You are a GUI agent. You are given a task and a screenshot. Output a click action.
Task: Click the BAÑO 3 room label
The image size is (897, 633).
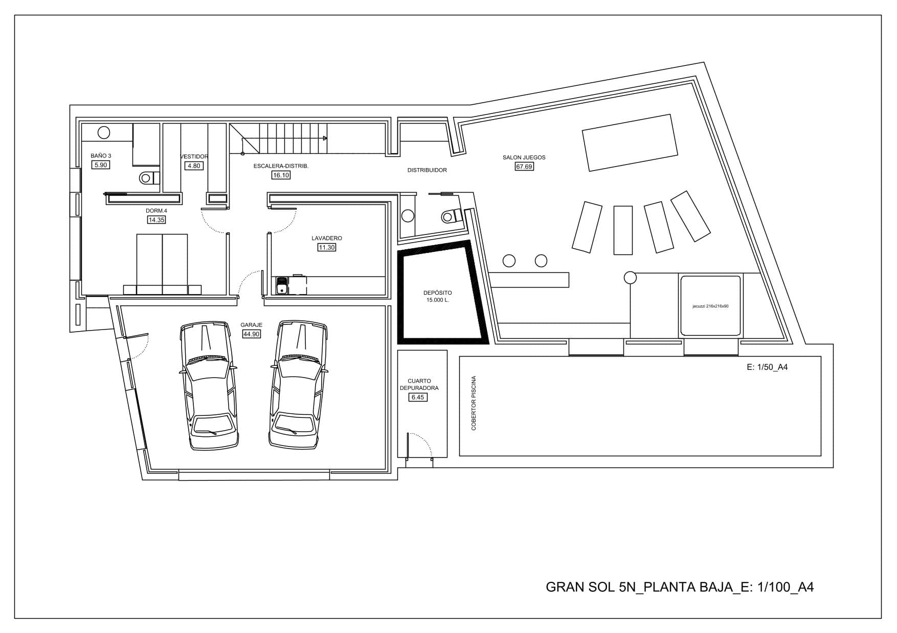101,156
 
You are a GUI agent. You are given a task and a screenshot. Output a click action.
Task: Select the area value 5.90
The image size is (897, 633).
101,165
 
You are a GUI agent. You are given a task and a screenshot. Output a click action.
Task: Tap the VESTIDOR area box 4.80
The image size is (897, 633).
194,166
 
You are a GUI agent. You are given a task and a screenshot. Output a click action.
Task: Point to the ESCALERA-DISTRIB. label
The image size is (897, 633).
281,166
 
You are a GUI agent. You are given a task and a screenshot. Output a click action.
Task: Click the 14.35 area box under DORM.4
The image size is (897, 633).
156,220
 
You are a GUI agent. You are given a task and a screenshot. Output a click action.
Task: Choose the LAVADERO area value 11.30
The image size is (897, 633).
327,248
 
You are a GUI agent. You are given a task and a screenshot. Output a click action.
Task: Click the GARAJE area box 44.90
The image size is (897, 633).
251,334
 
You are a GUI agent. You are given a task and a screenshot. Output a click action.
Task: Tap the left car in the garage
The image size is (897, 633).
209,386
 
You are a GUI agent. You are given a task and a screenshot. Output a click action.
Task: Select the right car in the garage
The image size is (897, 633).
299,385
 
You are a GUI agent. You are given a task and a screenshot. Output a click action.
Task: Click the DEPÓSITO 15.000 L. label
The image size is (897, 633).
438,296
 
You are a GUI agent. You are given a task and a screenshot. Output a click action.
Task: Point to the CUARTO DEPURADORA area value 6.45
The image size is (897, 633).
418,397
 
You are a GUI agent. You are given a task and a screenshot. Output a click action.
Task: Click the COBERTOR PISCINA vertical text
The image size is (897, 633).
474,403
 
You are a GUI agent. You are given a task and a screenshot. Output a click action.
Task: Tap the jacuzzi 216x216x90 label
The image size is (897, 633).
710,306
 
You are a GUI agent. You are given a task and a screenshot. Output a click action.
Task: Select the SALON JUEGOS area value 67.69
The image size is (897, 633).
524,167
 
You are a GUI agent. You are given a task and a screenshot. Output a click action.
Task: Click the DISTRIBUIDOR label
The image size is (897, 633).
427,170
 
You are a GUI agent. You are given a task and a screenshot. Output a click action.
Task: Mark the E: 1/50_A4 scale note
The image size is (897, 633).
767,367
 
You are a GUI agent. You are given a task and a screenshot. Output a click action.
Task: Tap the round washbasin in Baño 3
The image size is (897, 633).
104,133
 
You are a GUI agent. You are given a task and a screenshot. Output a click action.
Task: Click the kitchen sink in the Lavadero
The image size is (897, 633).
282,286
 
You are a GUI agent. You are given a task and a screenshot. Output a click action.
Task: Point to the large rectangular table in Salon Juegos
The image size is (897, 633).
630,143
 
